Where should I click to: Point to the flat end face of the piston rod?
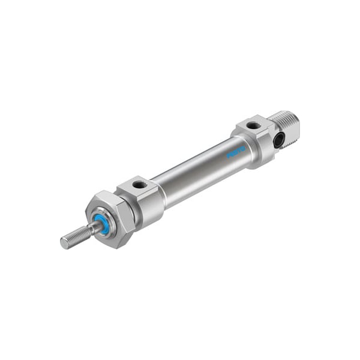click(x=64, y=243)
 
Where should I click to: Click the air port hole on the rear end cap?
click(x=253, y=125)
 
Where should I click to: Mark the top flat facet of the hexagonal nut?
click(x=105, y=197)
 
